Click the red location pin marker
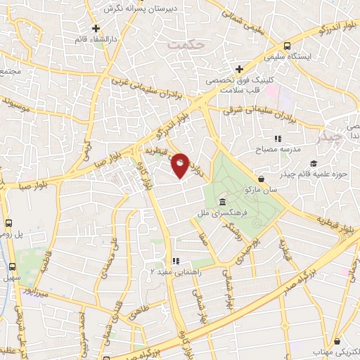click(180, 165)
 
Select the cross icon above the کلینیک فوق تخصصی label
click(240, 69)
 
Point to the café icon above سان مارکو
click(262, 179)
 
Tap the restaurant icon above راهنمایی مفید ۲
click(176, 261)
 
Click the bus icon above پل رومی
click(8, 224)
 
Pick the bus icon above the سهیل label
click(11, 266)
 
